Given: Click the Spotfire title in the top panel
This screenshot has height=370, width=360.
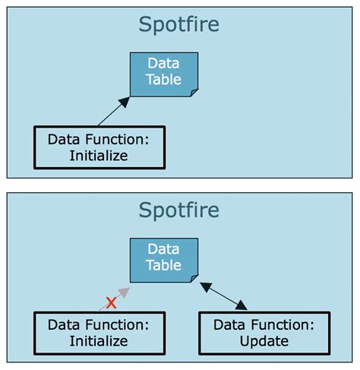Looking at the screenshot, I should coord(179,24).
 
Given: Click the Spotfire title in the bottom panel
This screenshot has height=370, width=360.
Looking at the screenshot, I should coord(179,210).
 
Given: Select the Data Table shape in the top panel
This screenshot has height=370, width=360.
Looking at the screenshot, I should coord(164,74).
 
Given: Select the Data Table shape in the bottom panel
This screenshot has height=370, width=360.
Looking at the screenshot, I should coord(164,259).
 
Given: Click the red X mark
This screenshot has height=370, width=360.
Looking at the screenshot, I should coord(111,302).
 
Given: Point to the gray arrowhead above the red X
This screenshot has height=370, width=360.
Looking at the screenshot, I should coord(125,291).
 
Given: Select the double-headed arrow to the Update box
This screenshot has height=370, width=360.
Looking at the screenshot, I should coord(223,296).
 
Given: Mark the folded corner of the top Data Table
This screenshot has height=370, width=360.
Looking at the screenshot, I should coord(194,92).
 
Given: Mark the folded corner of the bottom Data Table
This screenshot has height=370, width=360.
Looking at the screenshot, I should coord(194,277).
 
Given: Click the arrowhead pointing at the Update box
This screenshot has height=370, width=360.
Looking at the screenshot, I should coord(242,305).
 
